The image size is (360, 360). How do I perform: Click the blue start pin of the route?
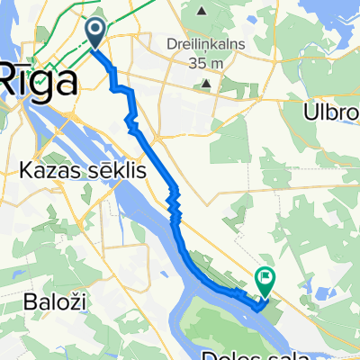tap(96, 33)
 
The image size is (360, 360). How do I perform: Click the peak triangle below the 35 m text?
tap(207, 85)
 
